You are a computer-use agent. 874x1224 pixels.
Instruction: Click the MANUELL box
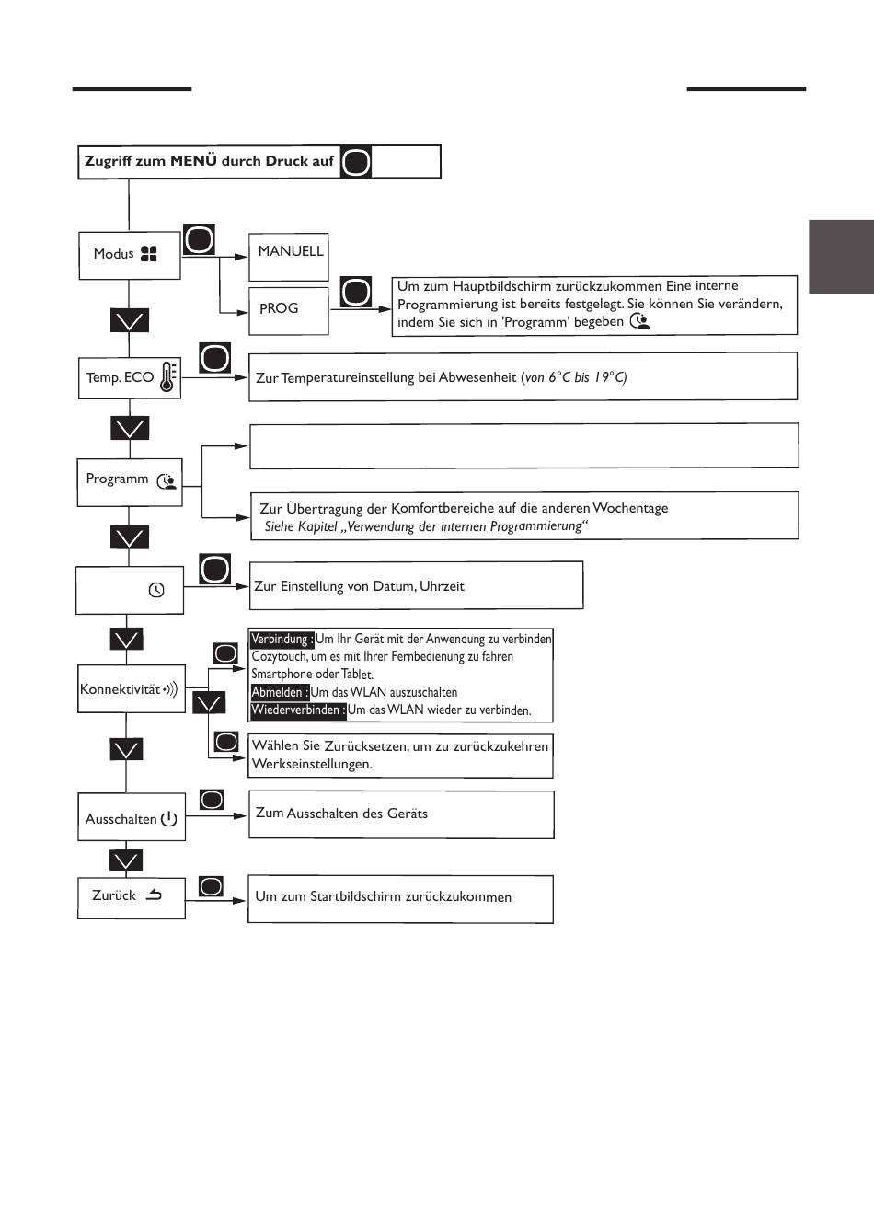point(289,257)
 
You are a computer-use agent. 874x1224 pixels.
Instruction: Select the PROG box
point(289,311)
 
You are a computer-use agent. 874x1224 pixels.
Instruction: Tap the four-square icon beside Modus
point(149,254)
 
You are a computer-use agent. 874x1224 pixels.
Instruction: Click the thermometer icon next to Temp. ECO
point(168,376)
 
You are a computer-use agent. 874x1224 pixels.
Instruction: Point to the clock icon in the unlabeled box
point(156,590)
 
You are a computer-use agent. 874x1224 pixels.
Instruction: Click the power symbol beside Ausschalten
point(168,818)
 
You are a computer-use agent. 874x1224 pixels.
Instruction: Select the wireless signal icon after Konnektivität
point(170,689)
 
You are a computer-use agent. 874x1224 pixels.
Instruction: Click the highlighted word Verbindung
point(282,639)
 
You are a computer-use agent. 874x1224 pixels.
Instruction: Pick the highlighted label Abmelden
point(280,692)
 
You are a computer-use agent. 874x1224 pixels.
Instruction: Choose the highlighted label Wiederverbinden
point(298,710)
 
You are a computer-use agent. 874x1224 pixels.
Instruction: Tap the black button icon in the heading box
point(356,162)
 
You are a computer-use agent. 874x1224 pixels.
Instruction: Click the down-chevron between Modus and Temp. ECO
point(130,321)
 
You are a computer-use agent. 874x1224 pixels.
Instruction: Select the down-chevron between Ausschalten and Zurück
point(126,860)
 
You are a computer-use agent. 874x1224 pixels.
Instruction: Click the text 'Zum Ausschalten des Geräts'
point(341,814)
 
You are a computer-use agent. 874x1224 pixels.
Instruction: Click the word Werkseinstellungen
point(312,763)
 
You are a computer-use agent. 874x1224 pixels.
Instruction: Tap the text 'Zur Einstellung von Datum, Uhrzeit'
point(359,586)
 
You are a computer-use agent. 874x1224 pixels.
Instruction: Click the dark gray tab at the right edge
point(841,257)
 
